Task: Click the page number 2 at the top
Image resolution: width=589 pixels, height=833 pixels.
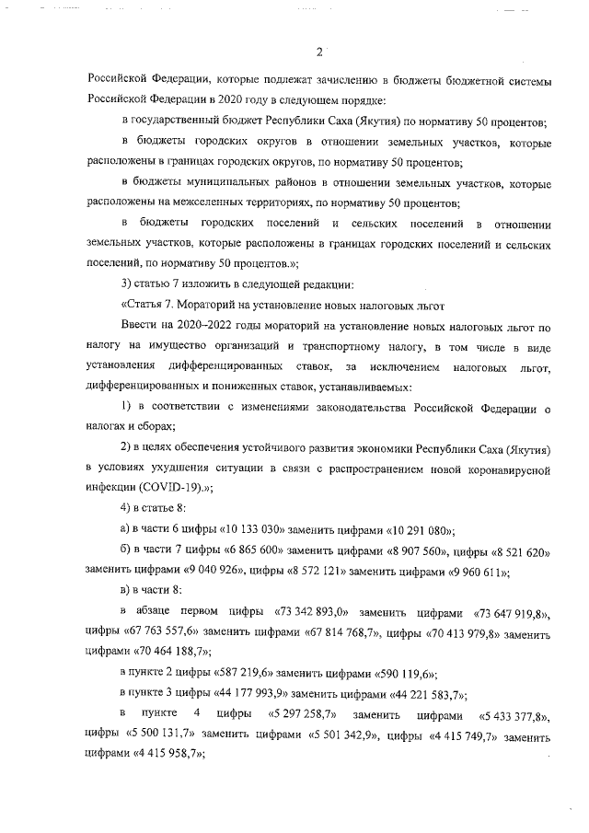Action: click(318, 52)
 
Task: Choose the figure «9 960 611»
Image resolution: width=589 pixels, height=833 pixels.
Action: click(468, 572)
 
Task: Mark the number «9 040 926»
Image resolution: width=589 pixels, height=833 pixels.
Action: click(184, 572)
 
